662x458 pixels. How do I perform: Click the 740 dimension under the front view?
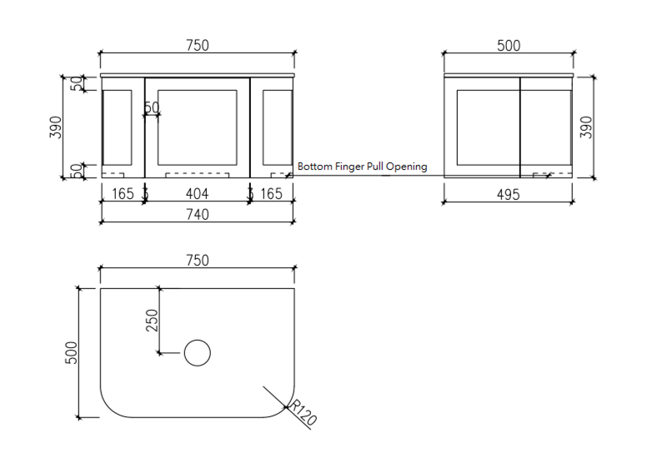click(197, 214)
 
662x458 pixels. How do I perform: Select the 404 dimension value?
click(197, 194)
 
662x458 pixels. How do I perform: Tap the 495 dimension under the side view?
click(508, 194)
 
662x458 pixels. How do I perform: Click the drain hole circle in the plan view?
click(197, 353)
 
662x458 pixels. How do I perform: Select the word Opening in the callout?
click(406, 167)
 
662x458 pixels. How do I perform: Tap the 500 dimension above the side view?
click(509, 46)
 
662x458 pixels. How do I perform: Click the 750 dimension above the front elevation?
click(197, 46)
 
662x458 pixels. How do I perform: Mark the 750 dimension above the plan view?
click(197, 261)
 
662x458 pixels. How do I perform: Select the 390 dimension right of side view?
click(585, 127)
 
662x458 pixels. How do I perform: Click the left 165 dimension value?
click(123, 194)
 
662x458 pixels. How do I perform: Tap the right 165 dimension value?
click(271, 194)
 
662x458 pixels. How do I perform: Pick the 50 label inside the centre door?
click(152, 107)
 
